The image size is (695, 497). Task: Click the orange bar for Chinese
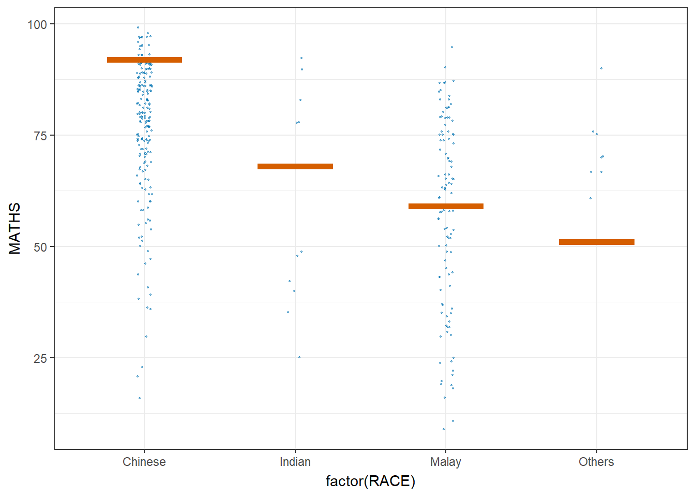point(144,60)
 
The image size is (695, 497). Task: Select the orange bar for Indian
point(295,167)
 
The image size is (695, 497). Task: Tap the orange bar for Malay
point(446,207)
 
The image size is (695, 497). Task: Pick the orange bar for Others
point(597,242)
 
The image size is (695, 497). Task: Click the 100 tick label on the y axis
point(37,24)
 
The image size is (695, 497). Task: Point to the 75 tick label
point(40,136)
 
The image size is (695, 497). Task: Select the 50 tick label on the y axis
point(40,247)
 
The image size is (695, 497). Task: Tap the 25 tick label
point(40,358)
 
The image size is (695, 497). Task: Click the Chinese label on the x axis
point(144,462)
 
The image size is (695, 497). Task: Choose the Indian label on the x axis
point(295,462)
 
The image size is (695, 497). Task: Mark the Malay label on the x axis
point(446,462)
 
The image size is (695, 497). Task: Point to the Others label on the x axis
point(596,462)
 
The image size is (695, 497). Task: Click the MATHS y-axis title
point(15,228)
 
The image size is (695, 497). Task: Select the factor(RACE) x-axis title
point(370,481)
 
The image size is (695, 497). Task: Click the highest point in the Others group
point(601,68)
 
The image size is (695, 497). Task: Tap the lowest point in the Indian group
point(299,357)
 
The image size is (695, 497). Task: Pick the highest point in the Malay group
point(451,47)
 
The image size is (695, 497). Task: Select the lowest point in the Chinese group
point(140,398)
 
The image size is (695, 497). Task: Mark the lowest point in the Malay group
point(444,429)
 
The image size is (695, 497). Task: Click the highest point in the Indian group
point(301,58)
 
